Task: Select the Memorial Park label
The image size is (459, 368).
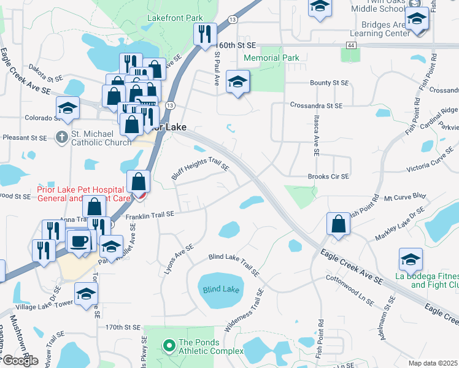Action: click(271, 58)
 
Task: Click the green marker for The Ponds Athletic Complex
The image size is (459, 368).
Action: click(169, 346)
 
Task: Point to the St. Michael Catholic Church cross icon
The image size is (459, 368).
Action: click(61, 137)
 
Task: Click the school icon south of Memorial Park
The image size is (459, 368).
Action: click(237, 82)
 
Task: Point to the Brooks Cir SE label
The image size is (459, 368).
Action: click(328, 177)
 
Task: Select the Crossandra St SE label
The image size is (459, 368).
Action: click(316, 105)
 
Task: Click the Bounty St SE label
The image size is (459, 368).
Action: click(329, 83)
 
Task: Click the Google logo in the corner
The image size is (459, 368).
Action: click(20, 361)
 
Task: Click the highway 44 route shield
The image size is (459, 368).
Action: click(350, 45)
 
